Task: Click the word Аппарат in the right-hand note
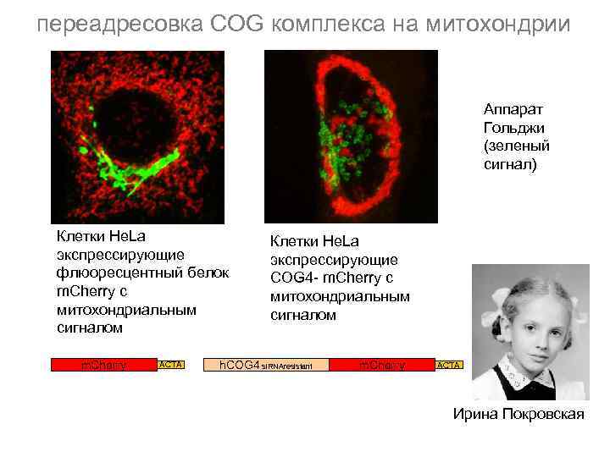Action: click(x=513, y=109)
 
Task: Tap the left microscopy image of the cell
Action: click(x=137, y=136)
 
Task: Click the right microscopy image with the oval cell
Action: click(x=351, y=135)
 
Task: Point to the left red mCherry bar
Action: click(x=103, y=365)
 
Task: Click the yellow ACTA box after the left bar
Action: click(x=172, y=365)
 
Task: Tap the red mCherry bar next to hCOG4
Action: click(x=382, y=365)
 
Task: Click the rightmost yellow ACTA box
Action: click(x=448, y=365)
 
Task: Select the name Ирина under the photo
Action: click(x=470, y=414)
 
